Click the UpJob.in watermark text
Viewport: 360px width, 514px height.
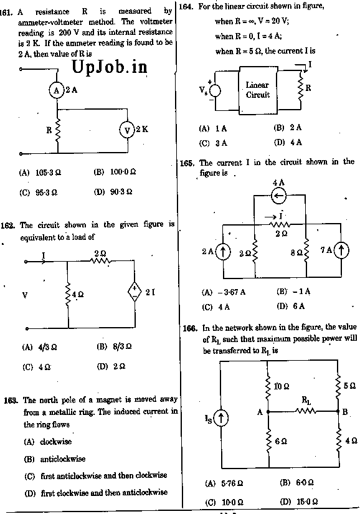click(x=109, y=68)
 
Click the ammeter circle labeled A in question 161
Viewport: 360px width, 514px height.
click(x=56, y=90)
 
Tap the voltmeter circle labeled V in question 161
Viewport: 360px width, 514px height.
click(x=127, y=130)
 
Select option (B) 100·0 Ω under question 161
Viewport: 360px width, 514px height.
click(x=115, y=172)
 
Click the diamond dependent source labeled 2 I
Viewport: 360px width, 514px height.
click(x=135, y=291)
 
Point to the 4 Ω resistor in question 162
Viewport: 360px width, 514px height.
click(x=68, y=294)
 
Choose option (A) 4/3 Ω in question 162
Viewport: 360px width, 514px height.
click(x=39, y=347)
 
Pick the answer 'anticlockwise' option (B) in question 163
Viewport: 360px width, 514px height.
click(x=55, y=459)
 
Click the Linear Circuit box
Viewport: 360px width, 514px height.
click(x=258, y=90)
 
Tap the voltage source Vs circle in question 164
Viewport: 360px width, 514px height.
click(x=216, y=91)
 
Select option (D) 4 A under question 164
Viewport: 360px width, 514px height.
click(x=288, y=142)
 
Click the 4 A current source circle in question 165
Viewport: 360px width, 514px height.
click(x=279, y=196)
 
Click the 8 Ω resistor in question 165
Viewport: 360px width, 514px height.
click(x=306, y=250)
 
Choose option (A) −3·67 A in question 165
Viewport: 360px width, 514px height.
click(x=224, y=292)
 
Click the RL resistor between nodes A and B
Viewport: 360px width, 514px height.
click(x=306, y=411)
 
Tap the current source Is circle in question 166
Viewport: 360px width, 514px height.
click(x=220, y=418)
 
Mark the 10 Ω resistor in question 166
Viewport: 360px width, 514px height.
click(x=268, y=387)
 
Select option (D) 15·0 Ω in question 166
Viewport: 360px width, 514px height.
click(x=299, y=502)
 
